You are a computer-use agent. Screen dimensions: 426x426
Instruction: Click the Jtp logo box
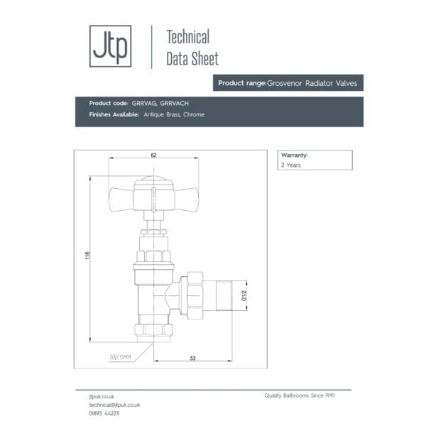[110, 46]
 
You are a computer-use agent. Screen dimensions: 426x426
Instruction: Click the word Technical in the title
[187, 37]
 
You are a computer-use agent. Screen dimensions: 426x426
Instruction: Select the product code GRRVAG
[144, 103]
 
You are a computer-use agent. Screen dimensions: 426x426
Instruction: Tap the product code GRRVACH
[174, 103]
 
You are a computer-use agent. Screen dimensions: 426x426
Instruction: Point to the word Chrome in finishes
[194, 114]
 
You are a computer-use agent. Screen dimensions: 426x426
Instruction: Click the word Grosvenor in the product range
[285, 83]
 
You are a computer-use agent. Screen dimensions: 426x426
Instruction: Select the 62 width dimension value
[153, 155]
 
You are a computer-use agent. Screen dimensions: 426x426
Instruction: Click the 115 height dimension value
[87, 256]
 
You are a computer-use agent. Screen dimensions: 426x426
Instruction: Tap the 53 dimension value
[192, 358]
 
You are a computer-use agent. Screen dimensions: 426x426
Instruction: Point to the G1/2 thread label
[244, 295]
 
